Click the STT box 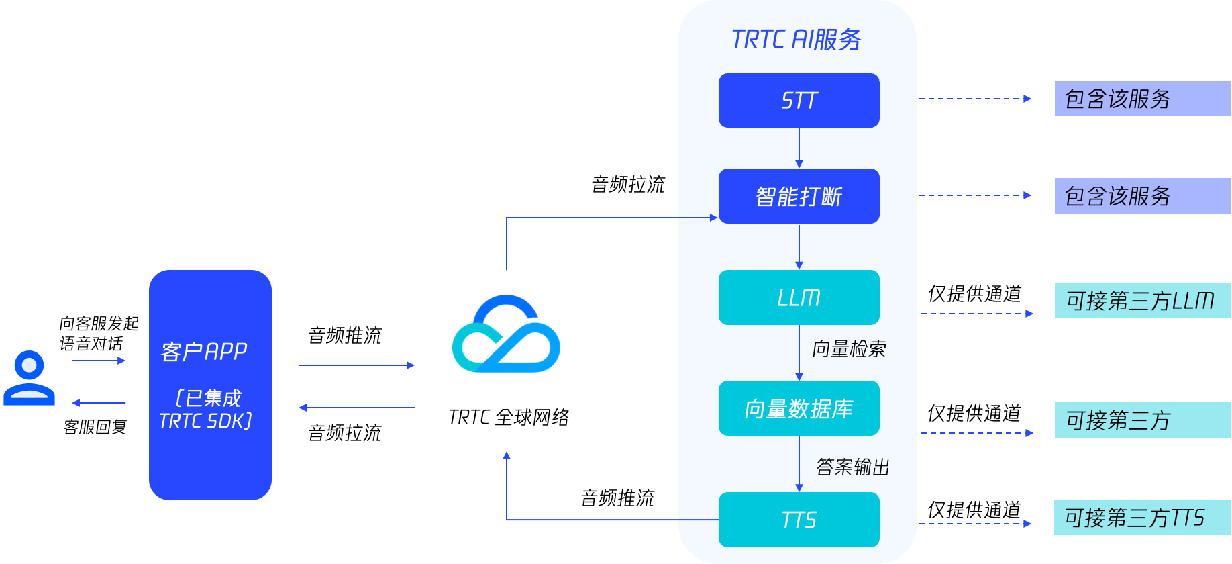[799, 100]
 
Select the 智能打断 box [799, 196]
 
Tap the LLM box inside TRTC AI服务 [799, 297]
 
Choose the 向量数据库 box [799, 408]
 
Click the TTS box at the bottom [799, 520]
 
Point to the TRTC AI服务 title [797, 40]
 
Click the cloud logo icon [507, 334]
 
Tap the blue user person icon [29, 377]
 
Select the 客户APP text [204, 351]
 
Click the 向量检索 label [849, 349]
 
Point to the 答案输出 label [853, 467]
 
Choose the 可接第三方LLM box [1142, 300]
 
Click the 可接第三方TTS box [1141, 518]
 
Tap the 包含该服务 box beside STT [1142, 99]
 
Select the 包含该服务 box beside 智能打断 [1142, 196]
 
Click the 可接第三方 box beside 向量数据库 [1142, 420]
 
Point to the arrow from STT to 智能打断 [799, 148]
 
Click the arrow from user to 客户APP [99, 361]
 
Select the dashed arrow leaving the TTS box [975, 524]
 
